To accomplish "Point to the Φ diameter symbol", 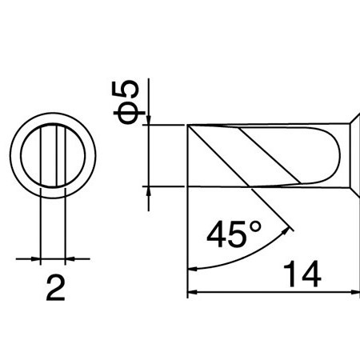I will pyautogui.click(x=128, y=114).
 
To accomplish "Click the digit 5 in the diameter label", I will pyautogui.click(x=129, y=90).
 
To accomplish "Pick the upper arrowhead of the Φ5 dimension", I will pyautogui.click(x=149, y=119).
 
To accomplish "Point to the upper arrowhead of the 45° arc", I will pyautogui.click(x=284, y=230).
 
